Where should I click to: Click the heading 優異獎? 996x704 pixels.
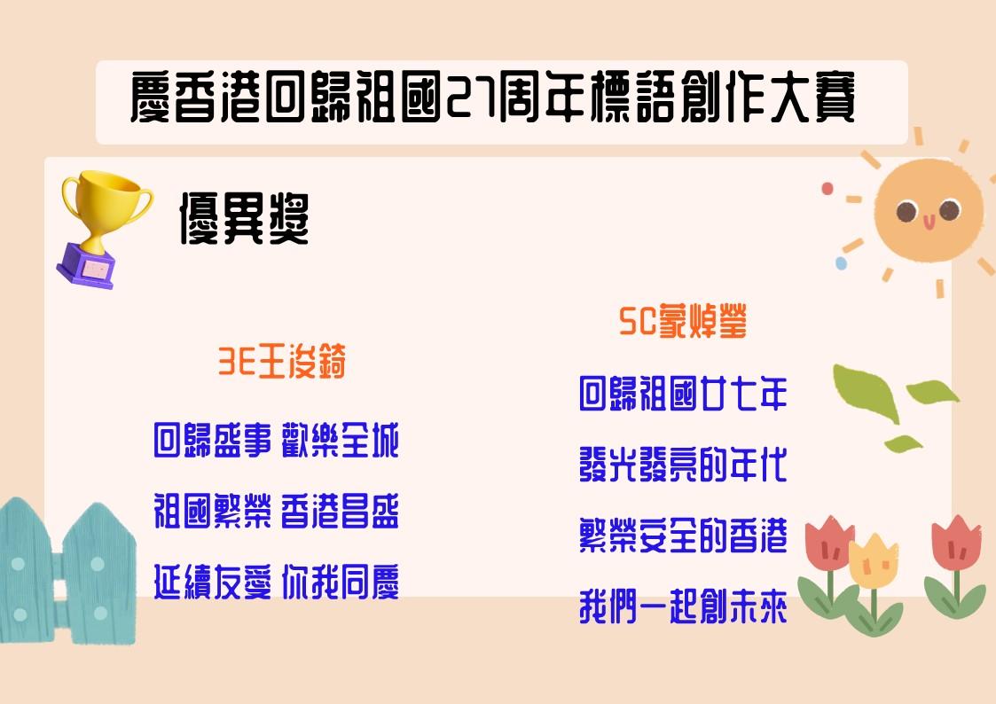click(245, 219)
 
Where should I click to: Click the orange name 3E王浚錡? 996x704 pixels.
click(282, 362)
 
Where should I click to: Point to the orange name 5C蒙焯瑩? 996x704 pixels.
click(683, 321)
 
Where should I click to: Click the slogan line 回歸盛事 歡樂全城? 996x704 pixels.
click(277, 439)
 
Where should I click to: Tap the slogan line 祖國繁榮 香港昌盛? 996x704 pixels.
click(277, 511)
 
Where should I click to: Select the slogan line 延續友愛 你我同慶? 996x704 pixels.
click(277, 582)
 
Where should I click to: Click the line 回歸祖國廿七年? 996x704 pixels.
click(683, 393)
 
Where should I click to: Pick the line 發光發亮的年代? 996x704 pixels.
click(683, 464)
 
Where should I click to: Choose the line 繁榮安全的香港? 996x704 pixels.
click(683, 536)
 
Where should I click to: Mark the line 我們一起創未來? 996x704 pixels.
click(683, 606)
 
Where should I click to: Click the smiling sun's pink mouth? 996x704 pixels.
click(929, 223)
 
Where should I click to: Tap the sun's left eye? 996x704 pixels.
click(906, 211)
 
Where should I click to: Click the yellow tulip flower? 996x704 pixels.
click(874, 561)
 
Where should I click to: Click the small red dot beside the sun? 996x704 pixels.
click(827, 189)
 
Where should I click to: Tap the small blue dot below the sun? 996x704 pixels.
click(841, 262)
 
